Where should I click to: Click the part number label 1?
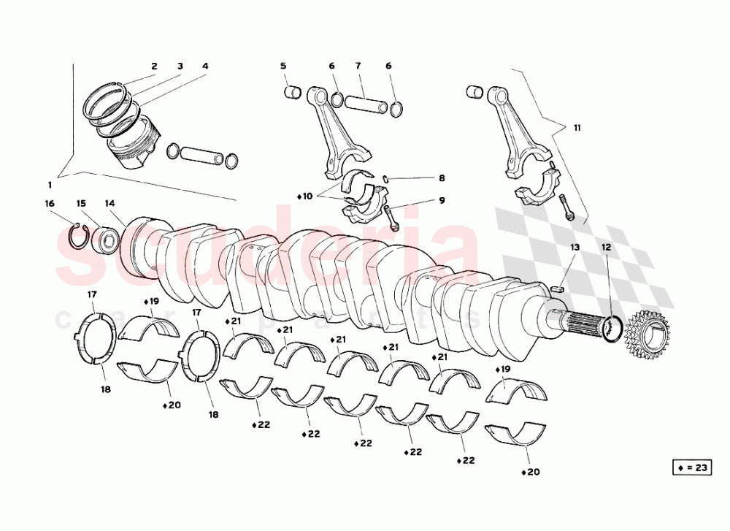click(x=50, y=184)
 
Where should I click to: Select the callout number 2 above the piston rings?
click(x=154, y=66)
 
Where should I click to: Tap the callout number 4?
click(x=205, y=66)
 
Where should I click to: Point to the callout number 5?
click(x=283, y=66)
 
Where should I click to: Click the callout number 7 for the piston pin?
click(x=358, y=66)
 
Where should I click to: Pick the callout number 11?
click(x=577, y=128)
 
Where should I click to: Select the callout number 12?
click(x=606, y=248)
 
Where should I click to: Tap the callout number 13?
click(x=575, y=248)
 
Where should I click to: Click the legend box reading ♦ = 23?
click(x=690, y=468)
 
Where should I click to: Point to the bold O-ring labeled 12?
click(x=612, y=329)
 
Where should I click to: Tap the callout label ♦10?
click(x=305, y=196)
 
